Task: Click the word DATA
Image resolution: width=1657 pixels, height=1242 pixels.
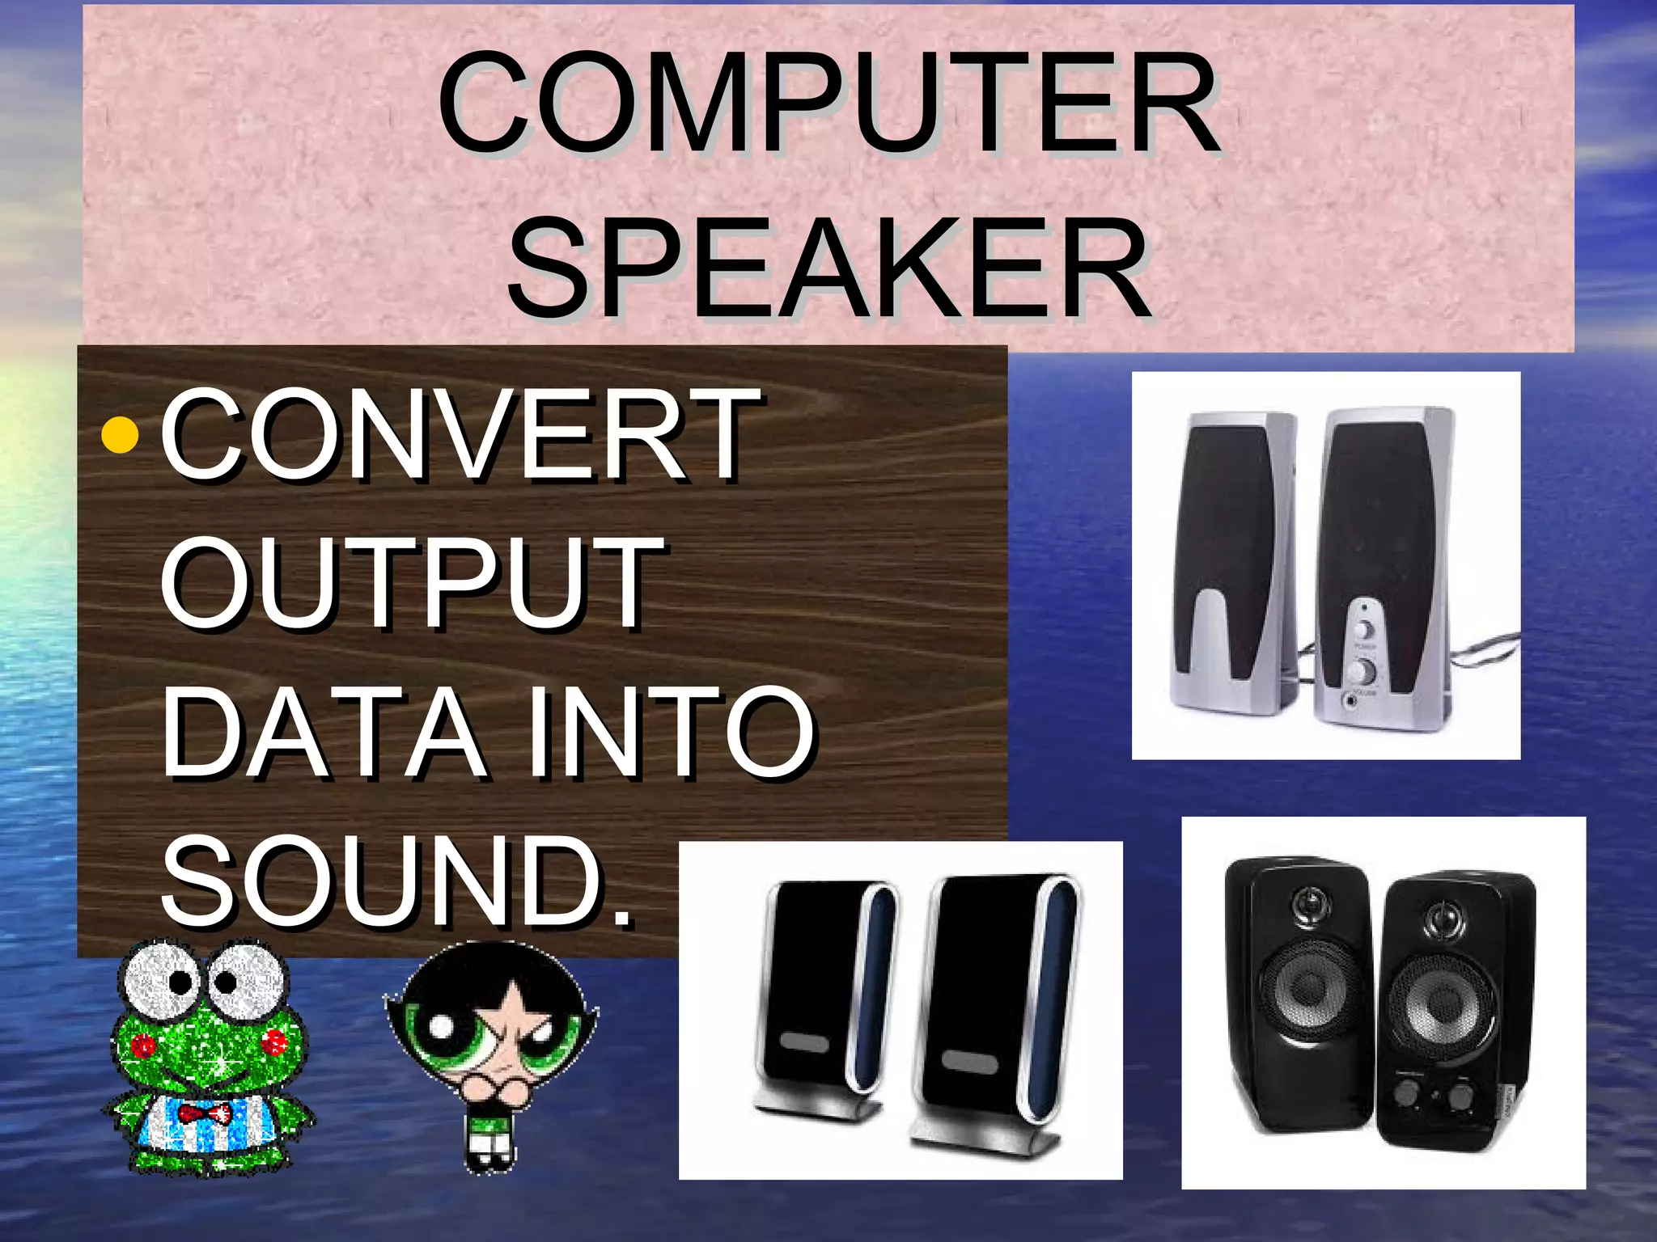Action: click(324, 732)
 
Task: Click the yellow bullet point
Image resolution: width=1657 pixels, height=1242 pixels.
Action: click(123, 437)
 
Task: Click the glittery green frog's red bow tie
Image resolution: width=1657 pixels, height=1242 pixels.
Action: click(205, 1114)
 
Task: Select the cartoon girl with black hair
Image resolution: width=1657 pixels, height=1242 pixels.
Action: click(492, 1051)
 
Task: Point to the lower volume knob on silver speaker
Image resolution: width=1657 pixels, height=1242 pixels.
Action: click(1365, 670)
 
